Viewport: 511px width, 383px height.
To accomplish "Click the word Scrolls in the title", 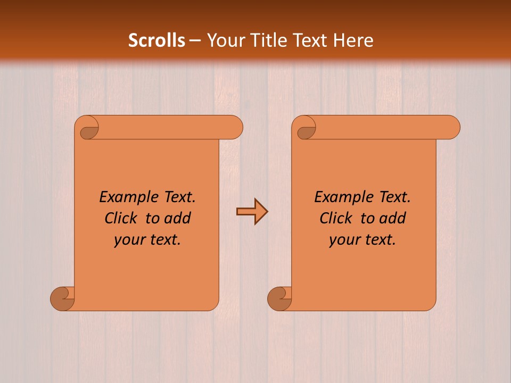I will point(156,40).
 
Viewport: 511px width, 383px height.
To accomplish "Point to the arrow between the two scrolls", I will point(252,212).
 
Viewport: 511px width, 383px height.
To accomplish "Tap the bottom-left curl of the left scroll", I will point(63,299).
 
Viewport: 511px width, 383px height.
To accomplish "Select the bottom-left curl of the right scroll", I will point(279,299).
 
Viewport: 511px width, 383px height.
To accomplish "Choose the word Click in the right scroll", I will point(336,218).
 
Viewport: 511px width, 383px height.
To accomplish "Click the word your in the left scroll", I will point(129,240).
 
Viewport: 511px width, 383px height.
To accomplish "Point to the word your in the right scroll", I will point(344,240).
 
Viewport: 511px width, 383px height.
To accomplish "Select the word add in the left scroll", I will point(177,218).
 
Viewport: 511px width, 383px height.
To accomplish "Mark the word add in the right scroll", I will point(392,218).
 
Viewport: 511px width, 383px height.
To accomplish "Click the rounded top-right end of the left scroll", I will point(233,128).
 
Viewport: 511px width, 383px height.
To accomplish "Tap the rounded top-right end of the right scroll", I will point(450,128).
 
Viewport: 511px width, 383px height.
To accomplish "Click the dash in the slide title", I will point(195,40).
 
